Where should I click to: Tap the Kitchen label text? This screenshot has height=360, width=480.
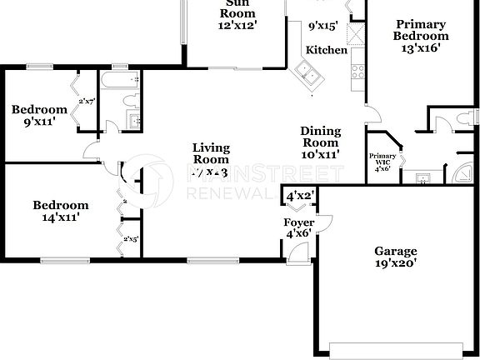point(326,50)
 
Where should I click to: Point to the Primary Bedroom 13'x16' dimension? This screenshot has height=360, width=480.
point(421,48)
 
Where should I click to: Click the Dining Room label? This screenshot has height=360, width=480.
point(321,136)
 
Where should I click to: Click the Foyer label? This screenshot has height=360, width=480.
point(298,222)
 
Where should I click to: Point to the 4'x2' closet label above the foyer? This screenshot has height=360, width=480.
point(299,197)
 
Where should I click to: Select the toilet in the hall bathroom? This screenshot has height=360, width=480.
point(128,102)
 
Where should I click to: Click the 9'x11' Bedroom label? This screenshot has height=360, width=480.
point(38,116)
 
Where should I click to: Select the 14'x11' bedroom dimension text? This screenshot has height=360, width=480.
point(60,217)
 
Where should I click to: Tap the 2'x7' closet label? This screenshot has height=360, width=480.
point(87,102)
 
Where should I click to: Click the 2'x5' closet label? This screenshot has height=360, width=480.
point(130,240)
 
